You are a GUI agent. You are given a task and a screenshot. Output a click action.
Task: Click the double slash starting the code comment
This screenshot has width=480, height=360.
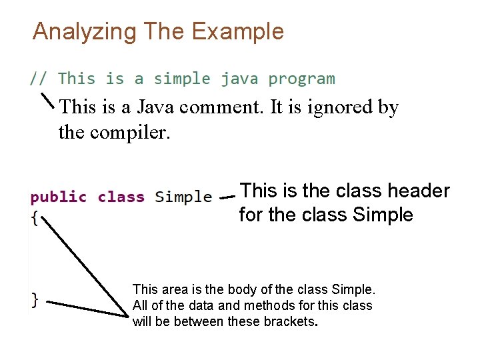pyautogui.click(x=38, y=79)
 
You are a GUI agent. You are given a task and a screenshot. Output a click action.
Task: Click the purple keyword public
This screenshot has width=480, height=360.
pyautogui.click(x=59, y=197)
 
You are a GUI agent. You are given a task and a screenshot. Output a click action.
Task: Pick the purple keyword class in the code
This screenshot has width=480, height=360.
pyautogui.click(x=121, y=197)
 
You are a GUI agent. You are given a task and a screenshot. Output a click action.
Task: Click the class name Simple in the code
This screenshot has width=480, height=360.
pyautogui.click(x=183, y=197)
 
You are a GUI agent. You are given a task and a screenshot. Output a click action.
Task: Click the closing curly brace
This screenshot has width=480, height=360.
pyautogui.click(x=35, y=299)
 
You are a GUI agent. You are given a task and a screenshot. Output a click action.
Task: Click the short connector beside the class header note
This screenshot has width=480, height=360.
pyautogui.click(x=227, y=197)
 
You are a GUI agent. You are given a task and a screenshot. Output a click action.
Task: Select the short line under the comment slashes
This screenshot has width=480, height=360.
pyautogui.click(x=48, y=99)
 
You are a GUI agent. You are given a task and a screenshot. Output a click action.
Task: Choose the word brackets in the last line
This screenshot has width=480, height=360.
pyautogui.click(x=290, y=321)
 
